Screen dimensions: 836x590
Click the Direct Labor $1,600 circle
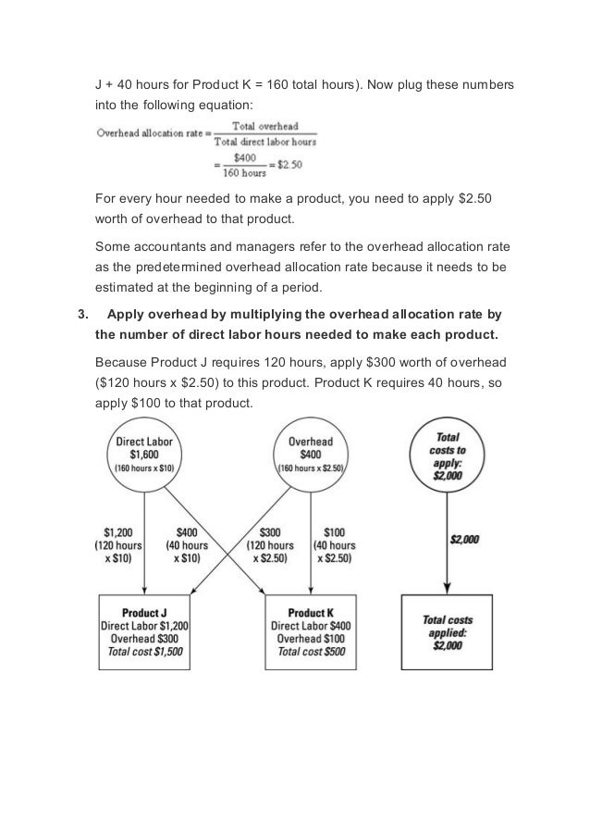tap(144, 455)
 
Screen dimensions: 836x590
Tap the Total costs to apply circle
tap(447, 455)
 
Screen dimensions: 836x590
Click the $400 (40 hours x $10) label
tap(186, 545)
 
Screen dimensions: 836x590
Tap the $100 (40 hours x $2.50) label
tap(334, 545)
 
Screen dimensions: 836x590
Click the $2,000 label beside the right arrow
tap(463, 540)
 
